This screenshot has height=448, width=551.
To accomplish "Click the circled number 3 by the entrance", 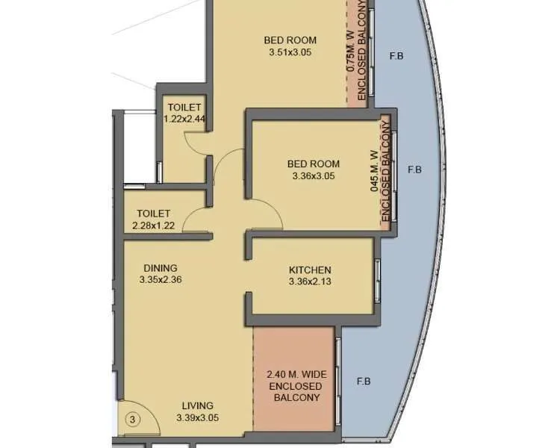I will click(132, 420).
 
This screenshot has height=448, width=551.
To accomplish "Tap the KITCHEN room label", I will click(310, 270).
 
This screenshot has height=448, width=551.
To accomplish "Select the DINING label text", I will click(161, 268).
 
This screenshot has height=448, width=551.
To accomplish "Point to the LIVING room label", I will click(197, 405).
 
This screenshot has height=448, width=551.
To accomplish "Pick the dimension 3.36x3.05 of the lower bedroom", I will click(314, 176).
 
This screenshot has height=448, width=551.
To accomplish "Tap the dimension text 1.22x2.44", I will click(184, 118).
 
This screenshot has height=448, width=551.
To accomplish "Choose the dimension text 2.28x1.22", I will click(154, 225).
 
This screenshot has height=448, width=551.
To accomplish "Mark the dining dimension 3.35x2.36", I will click(161, 280).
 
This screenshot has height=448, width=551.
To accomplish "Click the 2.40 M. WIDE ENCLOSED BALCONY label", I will click(295, 386).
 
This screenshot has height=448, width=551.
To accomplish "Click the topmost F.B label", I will click(396, 56).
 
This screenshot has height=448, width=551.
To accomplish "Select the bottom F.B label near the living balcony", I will click(364, 382).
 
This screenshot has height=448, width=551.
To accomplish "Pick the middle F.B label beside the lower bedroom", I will click(415, 169).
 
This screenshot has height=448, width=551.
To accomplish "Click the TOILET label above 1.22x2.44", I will click(184, 107).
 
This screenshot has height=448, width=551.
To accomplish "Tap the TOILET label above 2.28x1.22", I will click(154, 214).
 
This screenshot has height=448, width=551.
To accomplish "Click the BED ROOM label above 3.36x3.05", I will click(314, 164).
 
